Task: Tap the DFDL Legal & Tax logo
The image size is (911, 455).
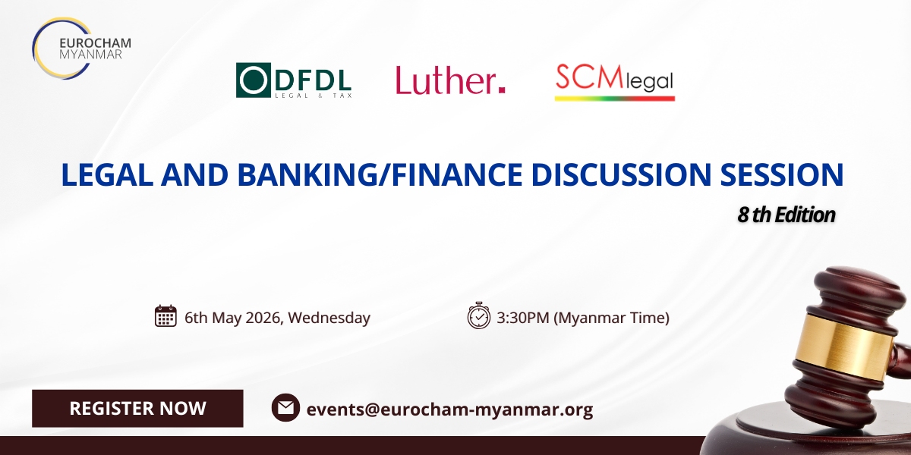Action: [294, 80]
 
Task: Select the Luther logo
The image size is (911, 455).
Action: [451, 80]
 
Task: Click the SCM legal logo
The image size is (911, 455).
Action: [614, 82]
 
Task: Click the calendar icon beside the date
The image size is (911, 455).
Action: [165, 315]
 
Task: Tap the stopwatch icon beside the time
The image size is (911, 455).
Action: [479, 315]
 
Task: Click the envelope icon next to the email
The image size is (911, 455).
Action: [285, 407]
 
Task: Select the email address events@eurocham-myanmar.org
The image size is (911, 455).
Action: [449, 409]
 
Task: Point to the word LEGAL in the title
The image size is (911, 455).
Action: [107, 174]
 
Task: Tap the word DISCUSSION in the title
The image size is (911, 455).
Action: [621, 174]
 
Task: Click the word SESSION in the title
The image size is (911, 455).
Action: [782, 174]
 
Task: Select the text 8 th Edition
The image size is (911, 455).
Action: [786, 215]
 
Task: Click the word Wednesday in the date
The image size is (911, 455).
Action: [329, 318]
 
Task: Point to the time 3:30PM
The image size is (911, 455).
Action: [523, 317]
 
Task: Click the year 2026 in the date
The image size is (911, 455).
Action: [263, 317]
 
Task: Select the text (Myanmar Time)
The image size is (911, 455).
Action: [612, 318]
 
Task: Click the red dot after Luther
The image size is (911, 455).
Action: [502, 89]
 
